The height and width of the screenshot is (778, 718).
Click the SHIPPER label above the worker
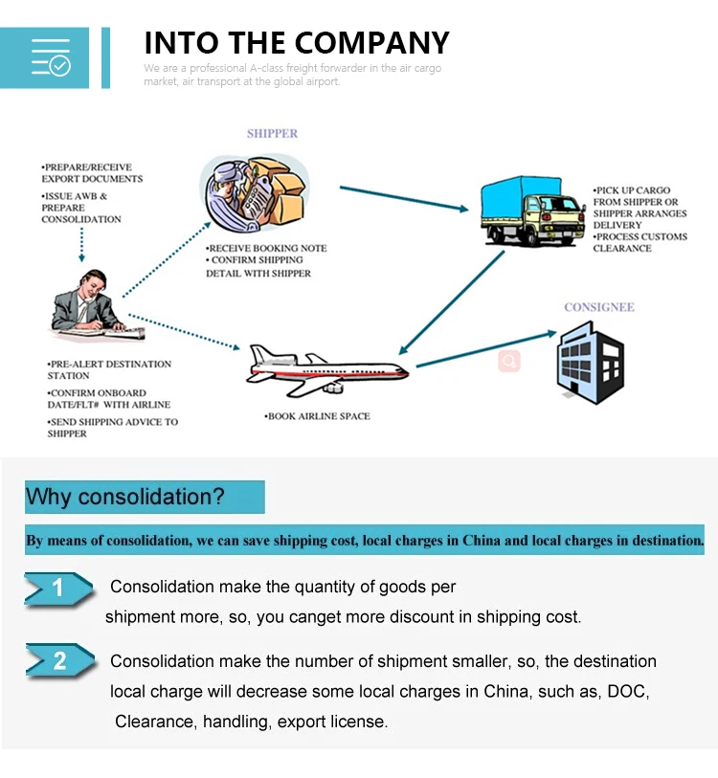coord(272,133)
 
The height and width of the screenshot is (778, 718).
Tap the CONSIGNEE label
coord(599,307)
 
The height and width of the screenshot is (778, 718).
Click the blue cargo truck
coord(533,211)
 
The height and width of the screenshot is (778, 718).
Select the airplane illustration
coord(327,370)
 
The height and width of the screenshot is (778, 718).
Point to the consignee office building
coord(591,363)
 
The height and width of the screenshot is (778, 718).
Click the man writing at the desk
coord(98,305)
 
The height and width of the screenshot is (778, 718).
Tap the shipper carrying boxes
coord(255,192)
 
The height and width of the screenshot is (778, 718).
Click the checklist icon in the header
coord(51,57)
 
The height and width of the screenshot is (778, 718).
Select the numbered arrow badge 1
coord(58,589)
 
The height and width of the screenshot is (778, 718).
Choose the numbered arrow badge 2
coord(59,660)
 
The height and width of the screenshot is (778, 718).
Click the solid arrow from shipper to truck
coord(404,198)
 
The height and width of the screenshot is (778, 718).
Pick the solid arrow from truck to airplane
coord(451,302)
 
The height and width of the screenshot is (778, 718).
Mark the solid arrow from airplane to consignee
coord(486,349)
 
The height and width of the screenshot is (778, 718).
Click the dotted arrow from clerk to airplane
coord(184,332)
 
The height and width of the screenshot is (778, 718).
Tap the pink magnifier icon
coord(509,361)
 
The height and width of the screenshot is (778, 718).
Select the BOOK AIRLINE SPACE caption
coord(317,416)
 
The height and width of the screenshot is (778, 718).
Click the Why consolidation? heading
coord(125,497)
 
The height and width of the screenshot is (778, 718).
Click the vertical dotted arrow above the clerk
coord(81,244)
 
